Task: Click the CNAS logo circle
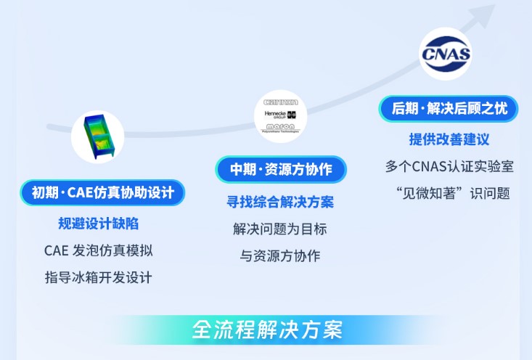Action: [446, 54]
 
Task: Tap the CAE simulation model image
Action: [98, 136]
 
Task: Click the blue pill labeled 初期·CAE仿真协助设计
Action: [102, 193]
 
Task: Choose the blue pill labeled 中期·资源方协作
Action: [281, 170]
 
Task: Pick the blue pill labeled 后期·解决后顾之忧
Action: [449, 109]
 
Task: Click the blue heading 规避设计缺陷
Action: [98, 223]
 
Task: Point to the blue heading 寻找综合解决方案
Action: [280, 202]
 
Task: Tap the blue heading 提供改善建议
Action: [449, 139]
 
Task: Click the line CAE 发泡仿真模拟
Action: [98, 250]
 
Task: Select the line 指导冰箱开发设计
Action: [98, 277]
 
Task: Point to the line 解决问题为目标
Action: [280, 229]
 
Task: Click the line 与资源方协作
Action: [280, 255]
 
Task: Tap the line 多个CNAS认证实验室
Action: [449, 166]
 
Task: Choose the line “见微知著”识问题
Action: [449, 193]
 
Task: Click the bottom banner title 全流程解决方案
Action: [266, 330]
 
